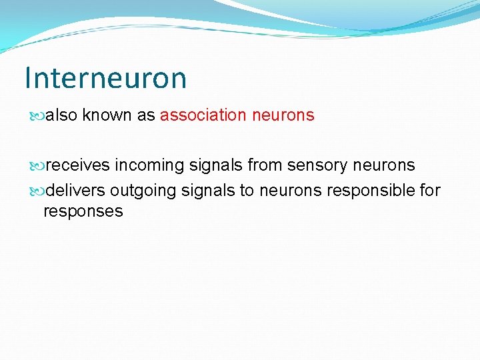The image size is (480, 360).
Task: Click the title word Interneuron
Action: (105, 78)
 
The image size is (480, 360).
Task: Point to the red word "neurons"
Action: (283, 115)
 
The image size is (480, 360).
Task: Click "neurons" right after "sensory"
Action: (383, 165)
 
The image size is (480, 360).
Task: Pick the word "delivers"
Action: (76, 191)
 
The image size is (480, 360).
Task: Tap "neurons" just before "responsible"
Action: (291, 191)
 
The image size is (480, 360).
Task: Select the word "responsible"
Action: (371, 191)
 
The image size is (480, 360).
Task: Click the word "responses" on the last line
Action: (83, 212)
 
